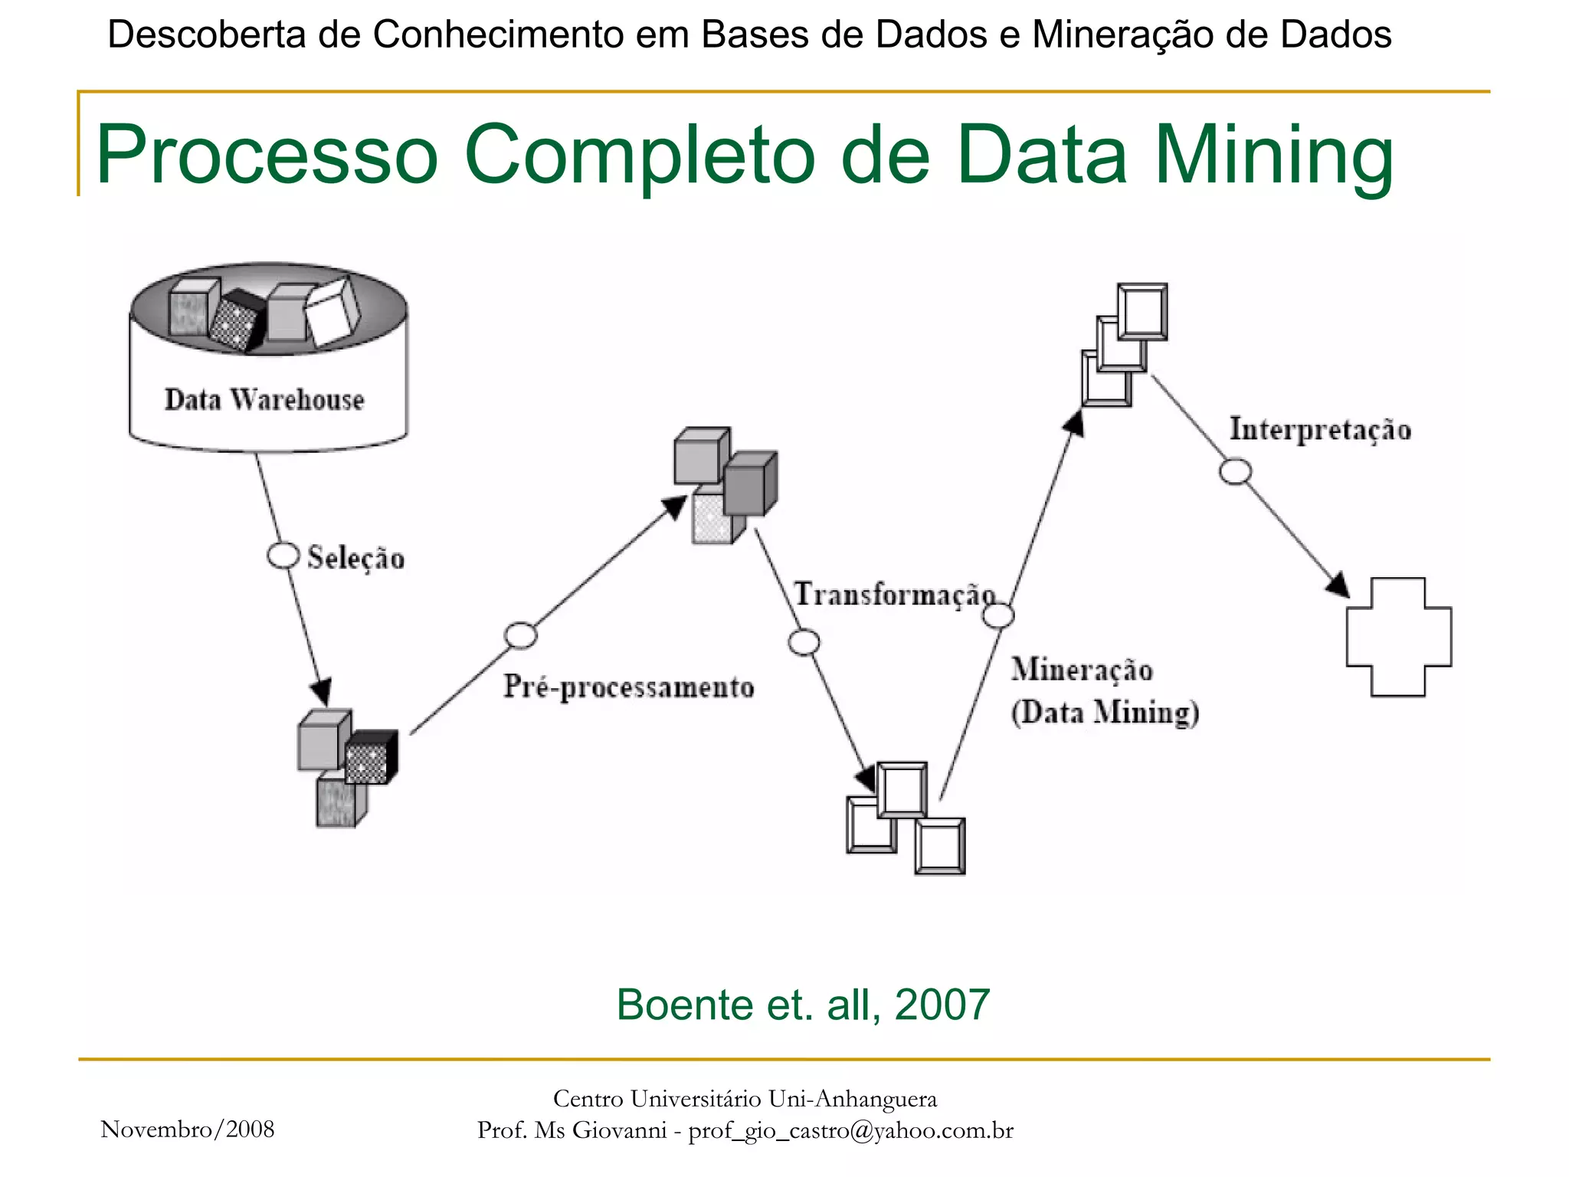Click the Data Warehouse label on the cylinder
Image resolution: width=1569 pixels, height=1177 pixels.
click(264, 400)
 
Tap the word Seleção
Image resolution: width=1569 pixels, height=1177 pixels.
click(355, 558)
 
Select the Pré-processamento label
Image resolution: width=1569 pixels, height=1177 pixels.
click(628, 687)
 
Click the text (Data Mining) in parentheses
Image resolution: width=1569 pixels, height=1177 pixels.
click(1105, 713)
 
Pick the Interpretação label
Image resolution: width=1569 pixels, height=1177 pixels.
click(1320, 429)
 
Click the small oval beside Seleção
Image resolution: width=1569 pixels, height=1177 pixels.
click(283, 556)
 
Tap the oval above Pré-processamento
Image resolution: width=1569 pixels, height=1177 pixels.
click(521, 635)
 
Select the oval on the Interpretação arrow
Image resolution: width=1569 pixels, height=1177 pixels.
click(1235, 471)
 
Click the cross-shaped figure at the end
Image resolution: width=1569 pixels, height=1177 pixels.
click(1398, 637)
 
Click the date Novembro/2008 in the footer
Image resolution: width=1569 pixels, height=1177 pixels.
click(188, 1129)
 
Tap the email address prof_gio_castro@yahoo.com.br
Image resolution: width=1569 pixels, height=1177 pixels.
click(850, 1130)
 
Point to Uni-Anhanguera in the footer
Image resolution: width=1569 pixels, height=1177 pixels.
click(852, 1099)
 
